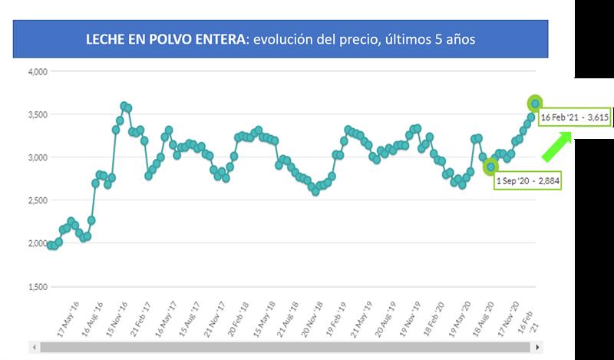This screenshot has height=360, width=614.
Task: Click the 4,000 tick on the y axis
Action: click(38, 71)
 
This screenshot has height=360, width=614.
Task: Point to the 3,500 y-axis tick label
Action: click(38, 114)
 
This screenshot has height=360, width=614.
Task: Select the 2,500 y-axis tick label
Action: click(38, 200)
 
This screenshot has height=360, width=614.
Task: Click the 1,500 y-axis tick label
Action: click(38, 286)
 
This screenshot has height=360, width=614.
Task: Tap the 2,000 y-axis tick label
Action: click(38, 243)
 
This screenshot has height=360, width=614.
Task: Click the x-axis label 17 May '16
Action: click(69, 315)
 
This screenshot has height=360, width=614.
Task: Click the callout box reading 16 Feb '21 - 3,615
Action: click(576, 117)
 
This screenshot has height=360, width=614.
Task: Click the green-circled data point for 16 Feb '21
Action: click(535, 103)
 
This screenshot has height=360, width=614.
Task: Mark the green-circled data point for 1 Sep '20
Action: click(490, 167)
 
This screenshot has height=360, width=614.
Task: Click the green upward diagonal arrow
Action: click(558, 146)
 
